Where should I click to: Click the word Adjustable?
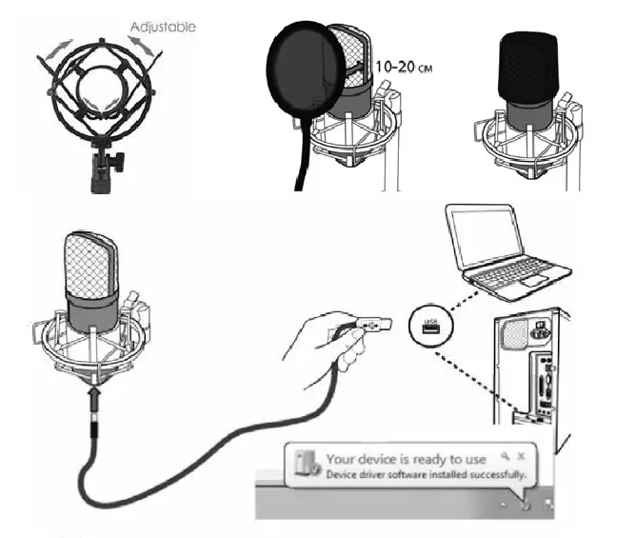[165, 27]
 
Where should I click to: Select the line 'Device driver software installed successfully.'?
[425, 474]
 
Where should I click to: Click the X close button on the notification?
[521, 456]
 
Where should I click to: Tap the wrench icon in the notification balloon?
[507, 456]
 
